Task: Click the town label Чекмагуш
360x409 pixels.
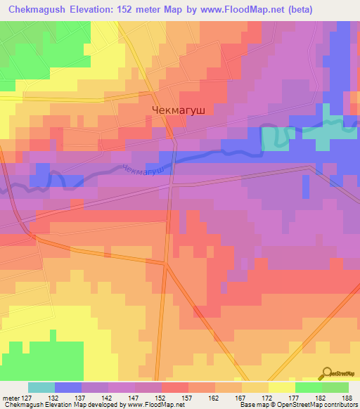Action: (180, 110)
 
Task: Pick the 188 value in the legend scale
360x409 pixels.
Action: (348, 398)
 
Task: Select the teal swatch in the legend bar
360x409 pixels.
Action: (41, 387)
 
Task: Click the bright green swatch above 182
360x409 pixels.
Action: (309, 387)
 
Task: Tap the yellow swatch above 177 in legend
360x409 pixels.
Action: (282, 387)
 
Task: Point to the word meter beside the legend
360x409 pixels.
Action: (11, 398)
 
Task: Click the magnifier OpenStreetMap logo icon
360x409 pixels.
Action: (327, 372)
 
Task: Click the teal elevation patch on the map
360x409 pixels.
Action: (275, 139)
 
